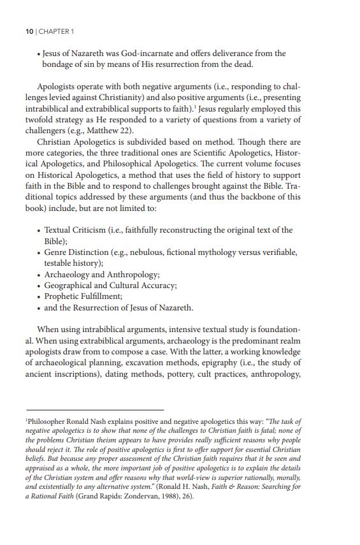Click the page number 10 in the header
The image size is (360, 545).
tap(30, 31)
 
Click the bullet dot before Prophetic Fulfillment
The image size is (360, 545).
tap(40, 297)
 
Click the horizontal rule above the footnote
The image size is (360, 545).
tap(95, 409)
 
